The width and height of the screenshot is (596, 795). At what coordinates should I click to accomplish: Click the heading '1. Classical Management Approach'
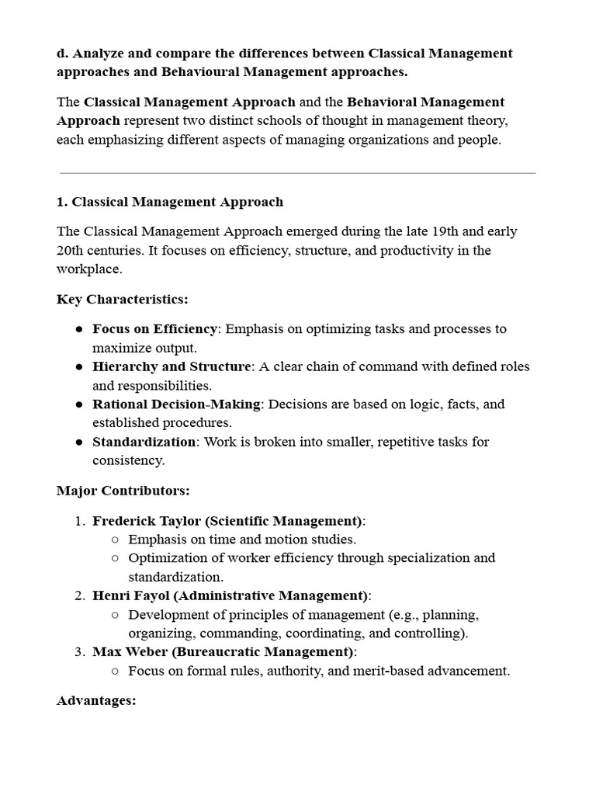tap(170, 202)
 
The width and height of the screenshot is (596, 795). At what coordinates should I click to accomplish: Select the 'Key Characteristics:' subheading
tap(123, 300)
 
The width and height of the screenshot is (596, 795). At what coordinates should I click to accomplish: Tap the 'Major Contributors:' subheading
tap(123, 491)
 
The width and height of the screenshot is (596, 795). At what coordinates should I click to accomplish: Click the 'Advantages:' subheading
tap(96, 700)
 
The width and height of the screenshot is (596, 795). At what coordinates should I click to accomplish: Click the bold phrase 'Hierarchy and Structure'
tap(172, 366)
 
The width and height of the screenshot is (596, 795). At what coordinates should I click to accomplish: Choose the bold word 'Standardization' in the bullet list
tap(144, 442)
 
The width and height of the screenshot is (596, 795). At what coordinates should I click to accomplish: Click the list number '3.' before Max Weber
tap(80, 652)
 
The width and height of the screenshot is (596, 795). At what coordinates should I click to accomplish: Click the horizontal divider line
tap(297, 173)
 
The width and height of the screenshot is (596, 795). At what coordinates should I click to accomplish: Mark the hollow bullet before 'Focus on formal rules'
tap(115, 672)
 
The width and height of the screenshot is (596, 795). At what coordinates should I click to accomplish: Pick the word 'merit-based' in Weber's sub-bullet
tap(364, 671)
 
